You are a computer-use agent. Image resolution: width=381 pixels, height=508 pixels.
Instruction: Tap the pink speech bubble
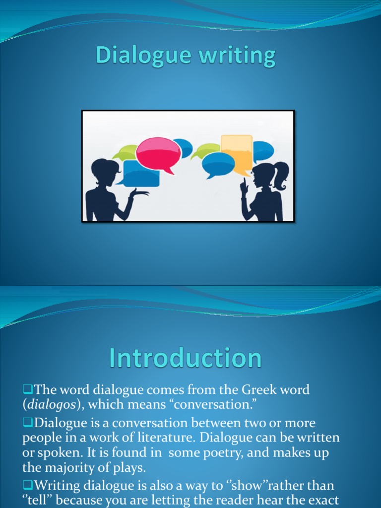pos(158,152)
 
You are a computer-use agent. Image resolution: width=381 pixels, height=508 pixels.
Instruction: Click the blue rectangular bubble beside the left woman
pos(141,174)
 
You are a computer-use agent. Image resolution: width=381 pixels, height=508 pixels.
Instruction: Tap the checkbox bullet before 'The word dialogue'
pos(26,389)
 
